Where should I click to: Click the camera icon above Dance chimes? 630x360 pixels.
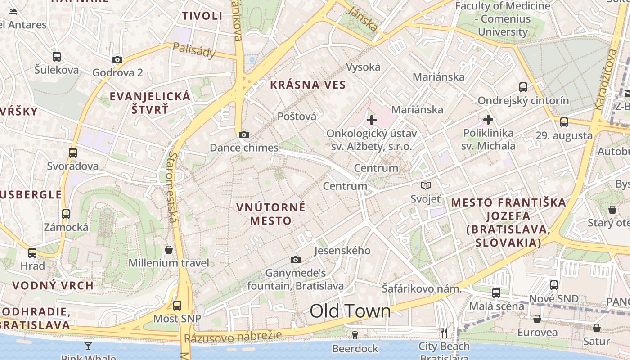click(x=244, y=135)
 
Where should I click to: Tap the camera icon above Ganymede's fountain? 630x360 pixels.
click(x=296, y=260)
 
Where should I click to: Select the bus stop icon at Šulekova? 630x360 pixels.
click(x=57, y=57)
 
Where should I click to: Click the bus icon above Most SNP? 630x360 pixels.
click(x=177, y=305)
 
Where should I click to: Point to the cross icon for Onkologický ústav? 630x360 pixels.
click(x=372, y=120)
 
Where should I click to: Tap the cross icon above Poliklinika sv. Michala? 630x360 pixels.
click(x=488, y=120)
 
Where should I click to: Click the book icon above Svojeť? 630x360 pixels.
click(x=426, y=185)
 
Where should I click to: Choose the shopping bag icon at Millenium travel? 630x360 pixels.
click(x=169, y=250)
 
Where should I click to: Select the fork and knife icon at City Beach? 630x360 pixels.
click(x=444, y=333)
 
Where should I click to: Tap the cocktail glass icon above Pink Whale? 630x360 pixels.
click(x=88, y=346)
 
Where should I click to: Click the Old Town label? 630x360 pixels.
click(x=350, y=311)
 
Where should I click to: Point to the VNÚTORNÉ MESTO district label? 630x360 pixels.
click(x=271, y=214)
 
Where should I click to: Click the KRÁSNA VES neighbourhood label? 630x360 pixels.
click(x=308, y=85)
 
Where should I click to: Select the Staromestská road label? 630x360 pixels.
click(x=173, y=187)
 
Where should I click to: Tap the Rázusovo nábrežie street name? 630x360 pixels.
click(x=233, y=337)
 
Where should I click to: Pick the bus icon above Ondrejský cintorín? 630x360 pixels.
click(x=523, y=87)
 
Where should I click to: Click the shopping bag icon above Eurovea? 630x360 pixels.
click(x=537, y=319)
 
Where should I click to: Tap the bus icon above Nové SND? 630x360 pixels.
click(x=554, y=285)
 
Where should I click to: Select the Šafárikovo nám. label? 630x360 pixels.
click(x=422, y=288)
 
